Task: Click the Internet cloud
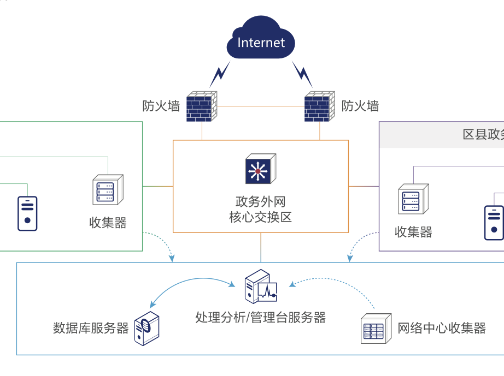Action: coord(261,39)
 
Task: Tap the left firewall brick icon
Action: coord(202,107)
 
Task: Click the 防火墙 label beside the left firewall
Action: coord(161,106)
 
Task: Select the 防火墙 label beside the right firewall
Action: coord(360,106)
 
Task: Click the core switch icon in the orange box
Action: coord(260,169)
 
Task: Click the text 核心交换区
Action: coord(260,217)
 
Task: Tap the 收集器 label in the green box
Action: coord(108,223)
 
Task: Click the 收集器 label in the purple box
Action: coord(413,232)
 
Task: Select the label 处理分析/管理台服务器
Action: coord(260,317)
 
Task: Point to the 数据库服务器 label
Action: coord(91,328)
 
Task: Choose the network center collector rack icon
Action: coord(377,328)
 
